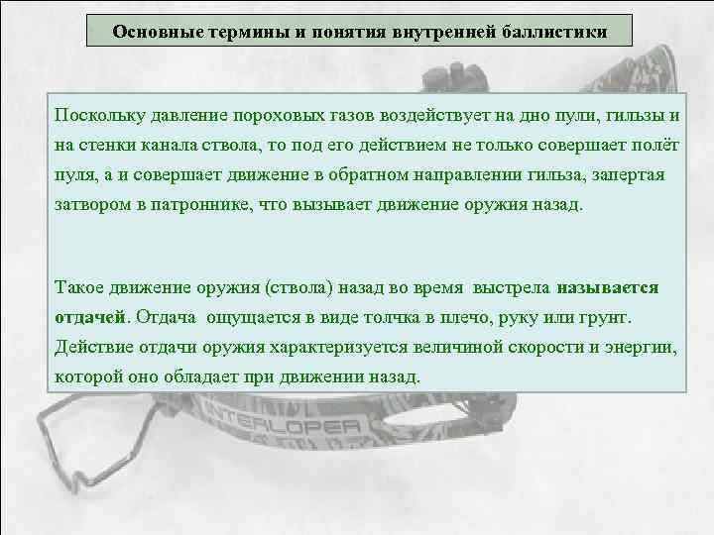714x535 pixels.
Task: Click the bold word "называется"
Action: click(608, 287)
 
